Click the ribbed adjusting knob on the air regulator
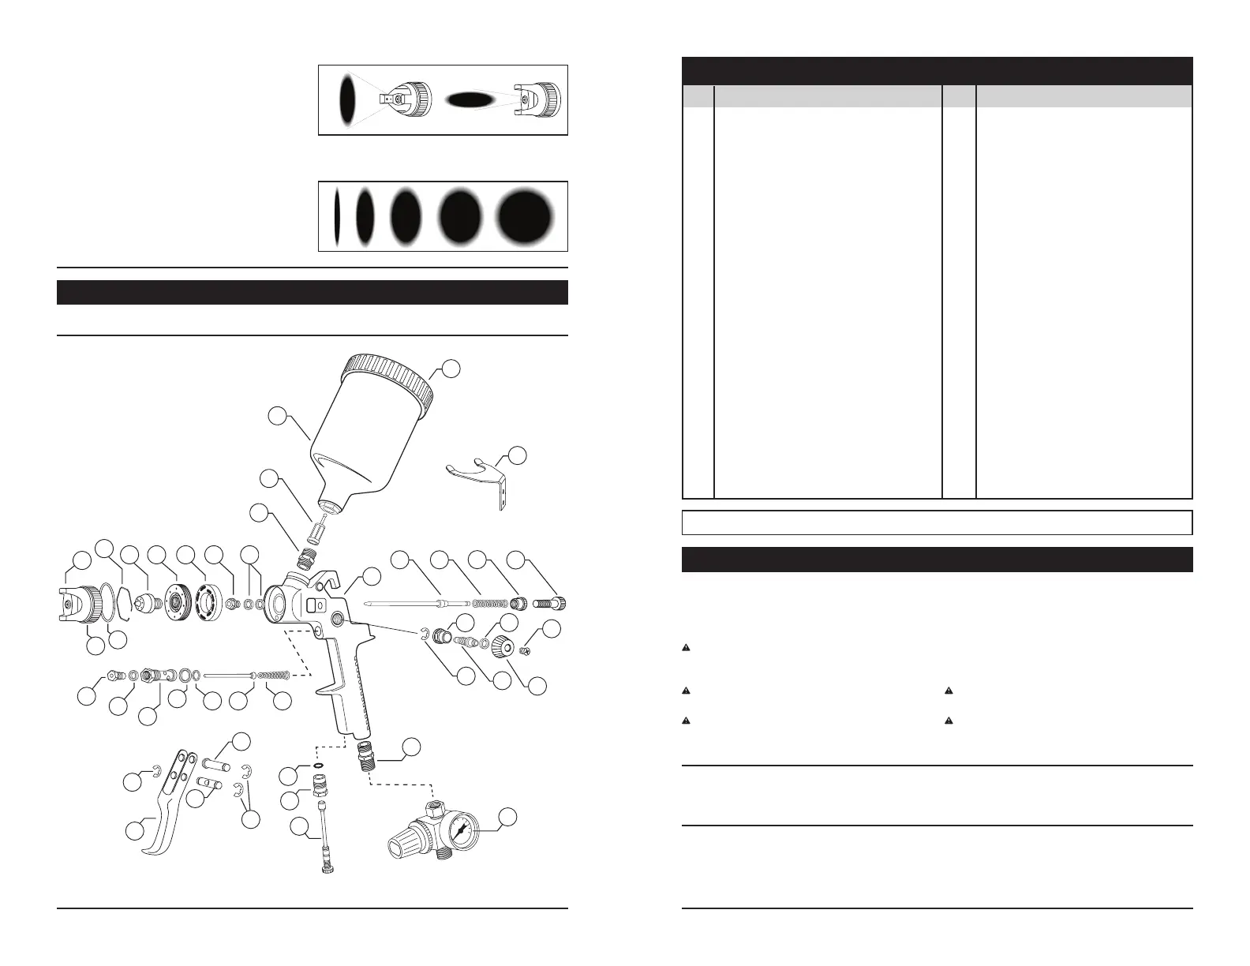(x=400, y=846)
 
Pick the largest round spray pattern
(x=524, y=215)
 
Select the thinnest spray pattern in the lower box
(x=336, y=216)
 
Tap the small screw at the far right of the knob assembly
(x=528, y=651)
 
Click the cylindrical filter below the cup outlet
(x=314, y=528)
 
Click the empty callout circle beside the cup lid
(x=451, y=368)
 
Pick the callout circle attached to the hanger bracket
(x=517, y=455)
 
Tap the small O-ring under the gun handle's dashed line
(x=316, y=766)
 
